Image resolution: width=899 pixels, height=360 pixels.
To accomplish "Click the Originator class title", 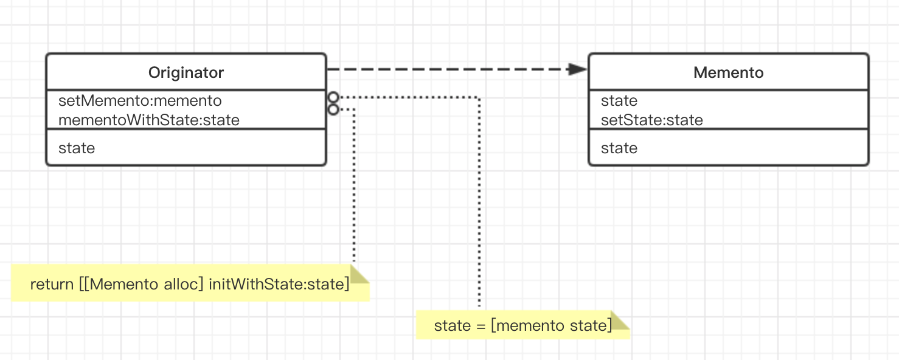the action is pos(186,72).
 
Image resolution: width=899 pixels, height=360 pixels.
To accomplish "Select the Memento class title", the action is pos(729,72).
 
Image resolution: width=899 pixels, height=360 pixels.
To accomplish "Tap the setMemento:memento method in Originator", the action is pos(140,100).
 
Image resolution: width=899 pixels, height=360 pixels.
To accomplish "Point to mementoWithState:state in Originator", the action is pos(149,120).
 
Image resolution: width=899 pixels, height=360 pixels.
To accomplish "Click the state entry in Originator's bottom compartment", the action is pos(77,148).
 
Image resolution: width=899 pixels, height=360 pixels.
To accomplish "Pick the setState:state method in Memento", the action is pos(652,120).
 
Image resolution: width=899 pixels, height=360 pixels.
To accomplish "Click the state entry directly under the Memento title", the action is pos(619,100).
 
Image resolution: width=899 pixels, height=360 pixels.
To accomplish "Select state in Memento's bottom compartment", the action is pos(619,148).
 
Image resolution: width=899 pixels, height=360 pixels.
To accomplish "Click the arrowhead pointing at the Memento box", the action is pos(577,69).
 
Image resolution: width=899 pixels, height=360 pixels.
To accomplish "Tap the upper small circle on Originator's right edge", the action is pos(333,97).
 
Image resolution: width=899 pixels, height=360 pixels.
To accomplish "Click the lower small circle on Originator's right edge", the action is pos(333,109).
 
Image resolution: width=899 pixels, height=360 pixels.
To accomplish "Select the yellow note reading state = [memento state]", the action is pos(523,325).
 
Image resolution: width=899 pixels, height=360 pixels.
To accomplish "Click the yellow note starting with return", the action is pos(190,283).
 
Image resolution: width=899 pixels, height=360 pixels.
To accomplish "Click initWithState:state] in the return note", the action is pos(279,284).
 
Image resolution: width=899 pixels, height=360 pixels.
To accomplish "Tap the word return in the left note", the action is pos(52,284).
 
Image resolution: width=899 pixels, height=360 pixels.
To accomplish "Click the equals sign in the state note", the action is pos(481,325).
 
